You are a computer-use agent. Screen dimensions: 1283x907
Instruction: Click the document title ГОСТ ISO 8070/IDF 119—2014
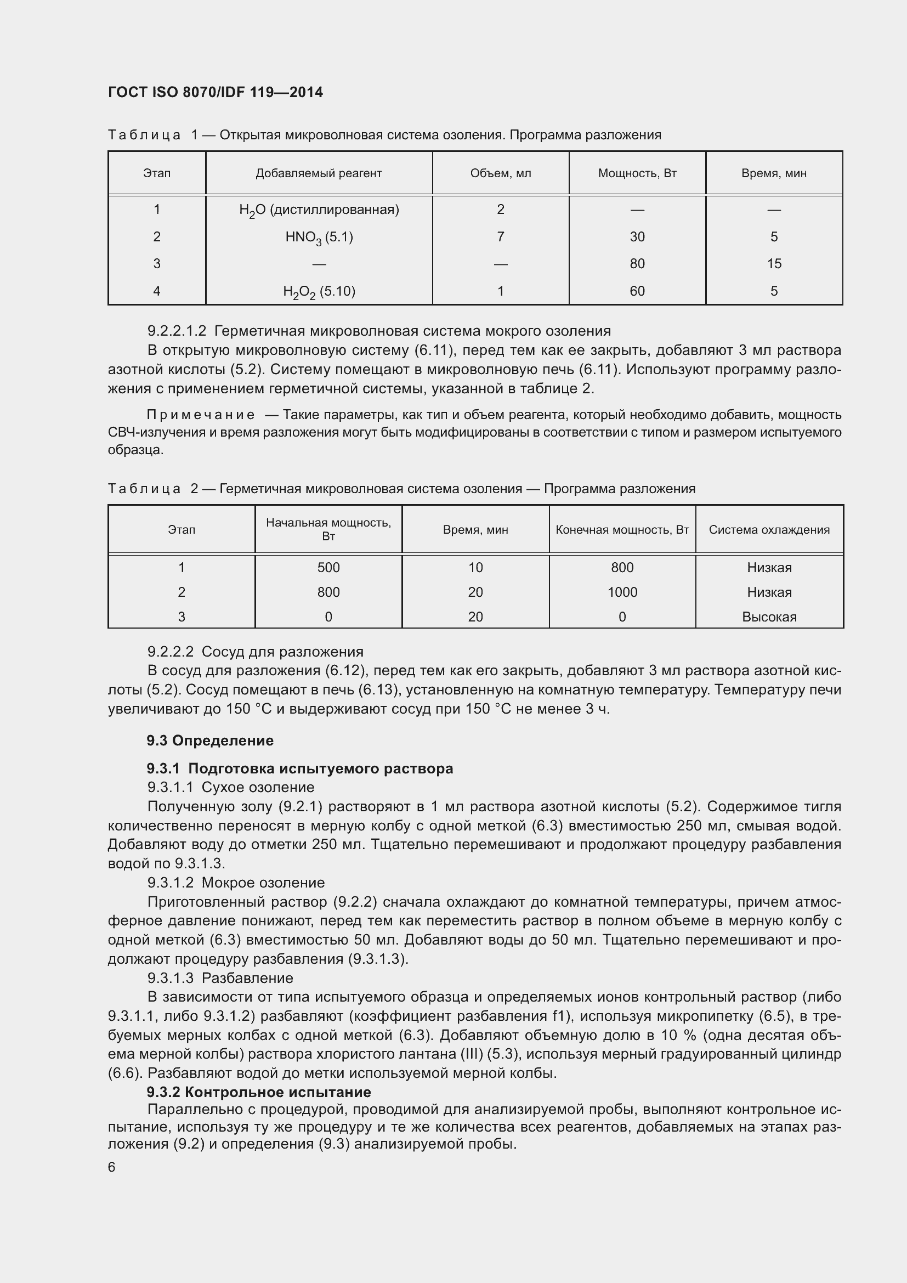click(215, 92)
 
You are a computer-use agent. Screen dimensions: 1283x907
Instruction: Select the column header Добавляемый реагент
click(319, 173)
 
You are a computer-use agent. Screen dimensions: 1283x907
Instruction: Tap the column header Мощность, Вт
click(637, 173)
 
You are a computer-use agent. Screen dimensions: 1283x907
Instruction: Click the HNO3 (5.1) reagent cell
click(319, 238)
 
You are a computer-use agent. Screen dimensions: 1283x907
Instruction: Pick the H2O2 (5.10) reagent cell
click(319, 291)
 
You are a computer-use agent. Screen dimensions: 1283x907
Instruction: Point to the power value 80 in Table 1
click(637, 264)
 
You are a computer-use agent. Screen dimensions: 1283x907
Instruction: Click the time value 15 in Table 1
click(774, 264)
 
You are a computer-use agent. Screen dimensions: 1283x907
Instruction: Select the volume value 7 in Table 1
click(501, 237)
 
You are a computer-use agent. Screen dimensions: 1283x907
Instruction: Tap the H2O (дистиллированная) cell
click(319, 210)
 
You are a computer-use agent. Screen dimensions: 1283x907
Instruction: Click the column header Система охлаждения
click(769, 530)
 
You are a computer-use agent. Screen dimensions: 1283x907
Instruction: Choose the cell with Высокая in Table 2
click(769, 617)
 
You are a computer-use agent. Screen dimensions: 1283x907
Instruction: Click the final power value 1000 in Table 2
click(622, 592)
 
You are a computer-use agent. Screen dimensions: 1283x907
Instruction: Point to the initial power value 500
click(328, 568)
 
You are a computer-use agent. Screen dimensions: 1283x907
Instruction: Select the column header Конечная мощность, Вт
click(622, 530)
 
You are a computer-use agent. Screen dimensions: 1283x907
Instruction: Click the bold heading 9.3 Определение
click(210, 741)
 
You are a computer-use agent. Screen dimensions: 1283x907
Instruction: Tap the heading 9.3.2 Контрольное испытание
click(259, 1092)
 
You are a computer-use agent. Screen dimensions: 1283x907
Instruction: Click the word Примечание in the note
click(201, 415)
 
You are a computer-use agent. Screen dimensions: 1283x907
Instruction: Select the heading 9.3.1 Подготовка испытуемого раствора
click(299, 768)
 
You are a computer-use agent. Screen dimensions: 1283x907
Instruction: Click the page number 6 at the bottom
click(112, 1167)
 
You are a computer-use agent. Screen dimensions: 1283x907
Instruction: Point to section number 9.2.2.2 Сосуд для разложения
click(254, 652)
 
